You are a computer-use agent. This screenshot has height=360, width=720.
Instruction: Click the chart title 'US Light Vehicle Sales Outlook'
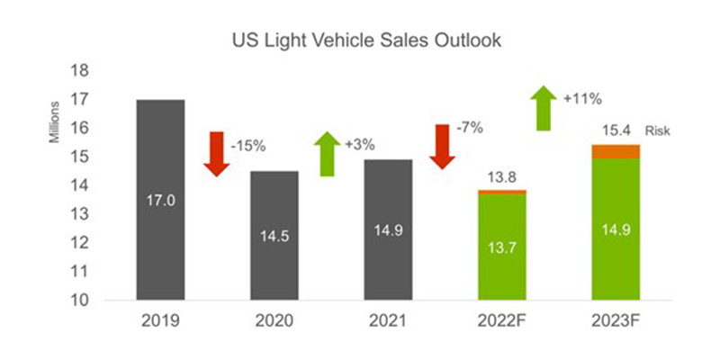(359, 41)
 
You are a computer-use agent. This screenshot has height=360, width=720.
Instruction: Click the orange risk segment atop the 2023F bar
(616, 151)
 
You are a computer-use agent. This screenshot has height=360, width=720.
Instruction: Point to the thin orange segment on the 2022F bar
(502, 192)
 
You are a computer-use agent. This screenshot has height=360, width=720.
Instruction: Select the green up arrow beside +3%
(328, 153)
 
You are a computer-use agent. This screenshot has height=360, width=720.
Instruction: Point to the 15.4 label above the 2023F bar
(616, 131)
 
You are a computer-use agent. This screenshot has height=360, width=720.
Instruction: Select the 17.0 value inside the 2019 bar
(160, 199)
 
